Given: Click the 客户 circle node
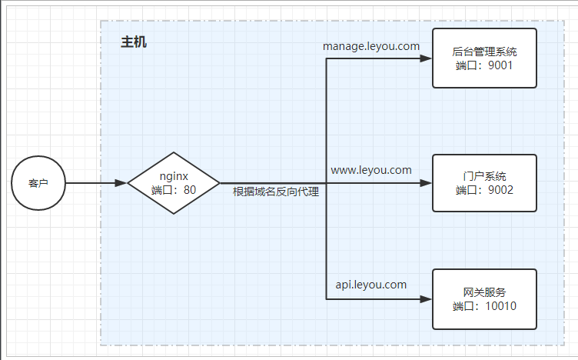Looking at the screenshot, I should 38,183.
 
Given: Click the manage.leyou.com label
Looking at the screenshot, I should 371,46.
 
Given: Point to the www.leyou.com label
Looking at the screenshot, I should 371,169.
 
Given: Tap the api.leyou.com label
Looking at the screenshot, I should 371,285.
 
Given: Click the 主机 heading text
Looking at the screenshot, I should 134,42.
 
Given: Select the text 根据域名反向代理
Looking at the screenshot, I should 276,192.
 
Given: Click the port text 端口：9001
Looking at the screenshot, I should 483,66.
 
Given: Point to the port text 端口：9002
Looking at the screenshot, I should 483,190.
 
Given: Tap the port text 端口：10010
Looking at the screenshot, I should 484,306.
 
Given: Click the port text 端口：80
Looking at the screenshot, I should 174,190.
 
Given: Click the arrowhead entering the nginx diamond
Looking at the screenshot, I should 121,183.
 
